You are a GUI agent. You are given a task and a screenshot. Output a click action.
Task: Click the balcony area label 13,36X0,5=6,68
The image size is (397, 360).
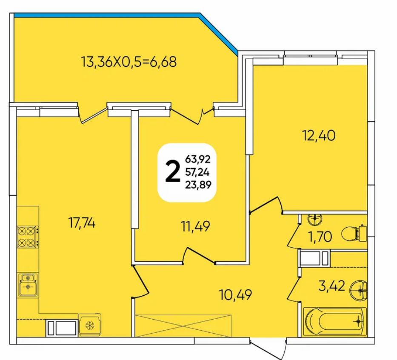(129, 62)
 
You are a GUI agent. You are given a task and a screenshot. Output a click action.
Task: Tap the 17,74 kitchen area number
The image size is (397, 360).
(82, 223)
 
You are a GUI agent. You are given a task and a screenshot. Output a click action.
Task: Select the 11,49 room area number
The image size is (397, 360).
(195, 226)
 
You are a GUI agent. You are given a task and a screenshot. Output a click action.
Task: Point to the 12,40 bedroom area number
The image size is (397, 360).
(319, 135)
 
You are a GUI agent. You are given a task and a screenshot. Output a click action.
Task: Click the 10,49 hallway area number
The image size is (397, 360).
(236, 295)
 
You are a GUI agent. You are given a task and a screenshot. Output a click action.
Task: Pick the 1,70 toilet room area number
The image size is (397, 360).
(320, 237)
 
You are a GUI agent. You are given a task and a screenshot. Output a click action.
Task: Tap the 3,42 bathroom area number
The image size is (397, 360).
(331, 286)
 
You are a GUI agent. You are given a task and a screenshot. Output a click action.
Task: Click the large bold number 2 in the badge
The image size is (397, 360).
(173, 173)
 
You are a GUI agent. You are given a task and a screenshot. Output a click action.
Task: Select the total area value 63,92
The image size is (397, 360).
(198, 160)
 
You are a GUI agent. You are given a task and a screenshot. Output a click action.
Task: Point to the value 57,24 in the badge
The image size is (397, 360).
(197, 172)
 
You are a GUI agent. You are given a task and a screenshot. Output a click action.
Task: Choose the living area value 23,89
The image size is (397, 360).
(198, 185)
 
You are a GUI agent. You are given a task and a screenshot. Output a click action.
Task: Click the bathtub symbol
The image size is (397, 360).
(335, 322)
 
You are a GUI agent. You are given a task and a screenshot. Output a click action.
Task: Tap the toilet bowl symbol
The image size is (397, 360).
(354, 233)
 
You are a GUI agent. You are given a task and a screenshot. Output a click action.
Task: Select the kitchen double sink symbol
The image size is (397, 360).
(28, 285)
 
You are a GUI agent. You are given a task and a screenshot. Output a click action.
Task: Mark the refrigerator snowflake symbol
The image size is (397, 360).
(90, 325)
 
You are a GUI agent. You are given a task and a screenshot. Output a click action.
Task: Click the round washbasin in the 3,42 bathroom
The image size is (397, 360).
(358, 290)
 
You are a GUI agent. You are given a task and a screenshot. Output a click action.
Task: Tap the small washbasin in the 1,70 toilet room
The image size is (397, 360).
(315, 219)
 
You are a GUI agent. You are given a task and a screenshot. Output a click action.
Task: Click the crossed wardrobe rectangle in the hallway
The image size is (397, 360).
(183, 326)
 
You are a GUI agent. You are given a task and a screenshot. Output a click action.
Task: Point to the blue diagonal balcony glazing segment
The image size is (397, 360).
(219, 34)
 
